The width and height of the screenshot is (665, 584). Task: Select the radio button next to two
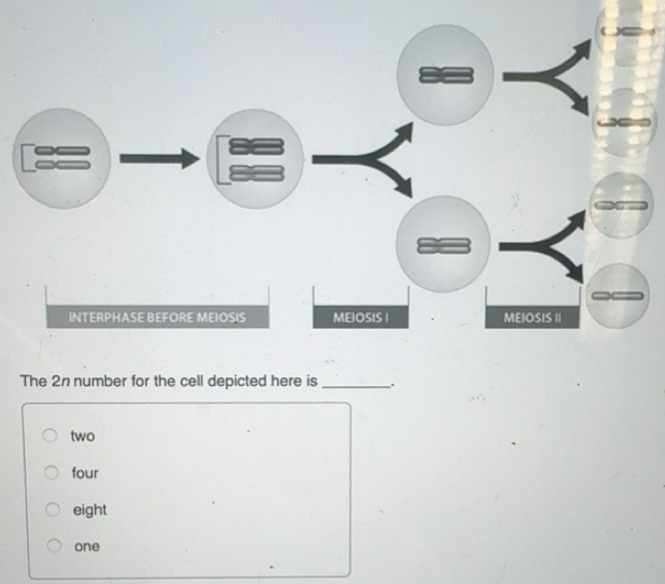[50, 435]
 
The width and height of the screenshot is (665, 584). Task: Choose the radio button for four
[51, 472]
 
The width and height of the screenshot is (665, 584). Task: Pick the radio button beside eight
[52, 509]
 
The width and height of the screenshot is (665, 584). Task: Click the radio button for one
[54, 546]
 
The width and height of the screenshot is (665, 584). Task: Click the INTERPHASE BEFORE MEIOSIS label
[157, 317]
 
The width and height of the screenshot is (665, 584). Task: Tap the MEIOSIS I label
[360, 317]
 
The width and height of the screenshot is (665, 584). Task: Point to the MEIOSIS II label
[532, 317]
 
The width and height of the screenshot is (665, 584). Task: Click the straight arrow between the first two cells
[159, 158]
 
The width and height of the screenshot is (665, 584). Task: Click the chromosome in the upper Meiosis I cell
[445, 75]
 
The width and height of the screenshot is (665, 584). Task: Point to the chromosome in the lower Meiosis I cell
[444, 245]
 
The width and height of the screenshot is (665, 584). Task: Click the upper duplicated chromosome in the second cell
[256, 146]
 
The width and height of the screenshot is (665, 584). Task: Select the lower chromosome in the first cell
[63, 165]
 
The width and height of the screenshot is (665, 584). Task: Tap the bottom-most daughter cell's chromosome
[617, 296]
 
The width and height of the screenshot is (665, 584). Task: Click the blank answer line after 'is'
[356, 385]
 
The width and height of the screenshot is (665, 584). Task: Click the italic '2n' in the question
[60, 381]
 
